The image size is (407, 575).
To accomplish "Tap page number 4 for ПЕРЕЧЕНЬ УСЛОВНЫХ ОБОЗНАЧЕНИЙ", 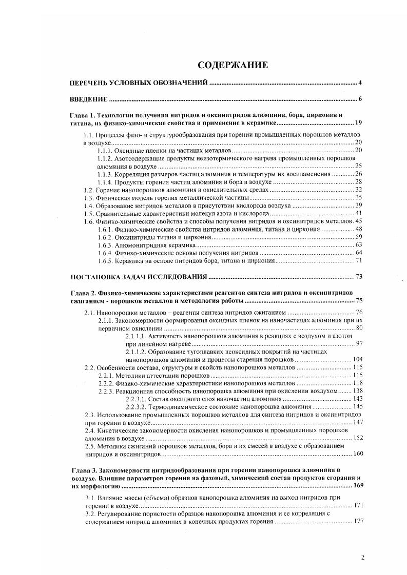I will tap(361, 83).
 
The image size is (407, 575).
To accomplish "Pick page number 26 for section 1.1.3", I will tap(359, 174).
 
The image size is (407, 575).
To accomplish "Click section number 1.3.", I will tap(89, 197).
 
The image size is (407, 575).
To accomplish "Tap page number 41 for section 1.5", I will tap(359, 213).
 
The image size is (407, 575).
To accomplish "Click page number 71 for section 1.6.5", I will tap(359, 261).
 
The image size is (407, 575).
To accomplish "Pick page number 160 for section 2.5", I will tap(357, 454).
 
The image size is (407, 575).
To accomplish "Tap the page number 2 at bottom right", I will tap(362, 558).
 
